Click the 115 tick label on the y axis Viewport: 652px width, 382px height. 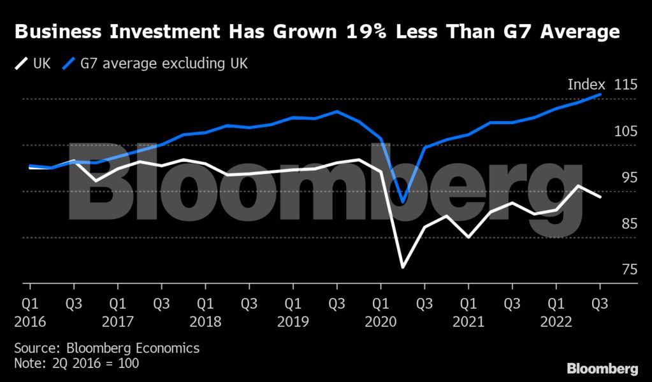[x=625, y=85]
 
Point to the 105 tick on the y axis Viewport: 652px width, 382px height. [x=625, y=132]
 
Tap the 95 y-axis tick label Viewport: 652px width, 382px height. [x=628, y=178]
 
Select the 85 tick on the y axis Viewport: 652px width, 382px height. [x=628, y=224]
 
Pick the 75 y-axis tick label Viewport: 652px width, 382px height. [x=628, y=270]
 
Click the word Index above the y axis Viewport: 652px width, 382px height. [x=586, y=85]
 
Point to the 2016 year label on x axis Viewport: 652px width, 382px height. [x=29, y=322]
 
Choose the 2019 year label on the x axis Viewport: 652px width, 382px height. [x=293, y=322]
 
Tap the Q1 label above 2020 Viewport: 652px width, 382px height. [x=380, y=304]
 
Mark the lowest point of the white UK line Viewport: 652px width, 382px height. [x=403, y=267]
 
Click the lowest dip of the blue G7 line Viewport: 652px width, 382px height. [x=403, y=202]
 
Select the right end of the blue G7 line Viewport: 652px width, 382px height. [x=600, y=94]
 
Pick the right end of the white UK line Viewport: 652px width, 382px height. [x=600, y=197]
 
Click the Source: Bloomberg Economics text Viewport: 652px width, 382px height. [x=106, y=348]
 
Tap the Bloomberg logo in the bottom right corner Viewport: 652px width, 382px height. [x=602, y=369]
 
